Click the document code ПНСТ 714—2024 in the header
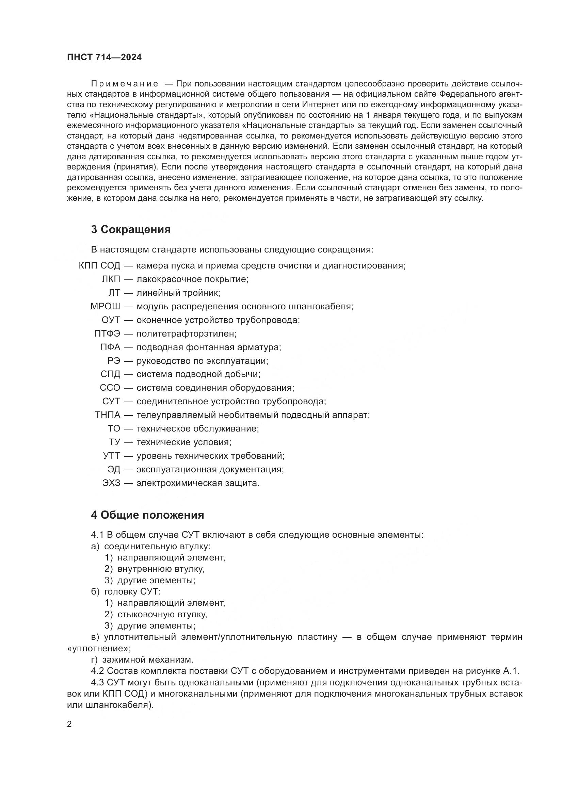(x=104, y=58)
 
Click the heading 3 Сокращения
(x=131, y=229)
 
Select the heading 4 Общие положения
(x=147, y=515)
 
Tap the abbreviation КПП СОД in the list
(x=99, y=266)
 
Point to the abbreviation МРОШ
(x=106, y=307)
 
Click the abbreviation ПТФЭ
(x=107, y=334)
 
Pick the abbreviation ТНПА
(x=108, y=415)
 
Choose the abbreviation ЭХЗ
(x=111, y=483)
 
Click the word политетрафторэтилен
(x=186, y=334)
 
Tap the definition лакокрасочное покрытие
(x=192, y=279)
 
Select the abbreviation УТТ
(x=111, y=456)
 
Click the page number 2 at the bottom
(x=69, y=724)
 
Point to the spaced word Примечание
(x=125, y=84)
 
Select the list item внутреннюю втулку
(x=161, y=569)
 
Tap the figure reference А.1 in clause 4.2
(x=511, y=671)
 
